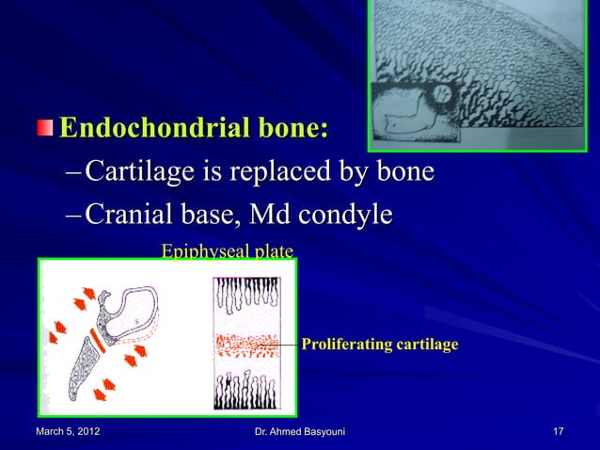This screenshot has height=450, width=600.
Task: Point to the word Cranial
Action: (127, 216)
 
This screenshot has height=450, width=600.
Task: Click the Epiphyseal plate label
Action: (228, 251)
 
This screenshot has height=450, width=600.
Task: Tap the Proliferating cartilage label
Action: (380, 346)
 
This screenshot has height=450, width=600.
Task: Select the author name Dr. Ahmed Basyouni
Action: (300, 431)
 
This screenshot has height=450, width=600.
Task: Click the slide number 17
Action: (559, 431)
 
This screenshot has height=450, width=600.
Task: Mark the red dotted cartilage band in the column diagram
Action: (246, 345)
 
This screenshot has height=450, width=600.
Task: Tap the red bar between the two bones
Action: (96, 340)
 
